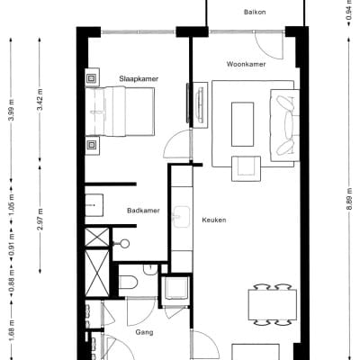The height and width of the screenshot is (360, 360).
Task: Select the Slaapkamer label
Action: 138,79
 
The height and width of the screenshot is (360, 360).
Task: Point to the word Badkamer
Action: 143,211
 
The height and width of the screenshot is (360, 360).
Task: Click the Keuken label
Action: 213,220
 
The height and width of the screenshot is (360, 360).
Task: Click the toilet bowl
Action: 129,282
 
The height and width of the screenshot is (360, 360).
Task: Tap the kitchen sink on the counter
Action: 181,216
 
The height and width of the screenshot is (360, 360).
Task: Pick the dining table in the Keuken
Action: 272,304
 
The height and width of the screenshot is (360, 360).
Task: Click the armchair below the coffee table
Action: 244,166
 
